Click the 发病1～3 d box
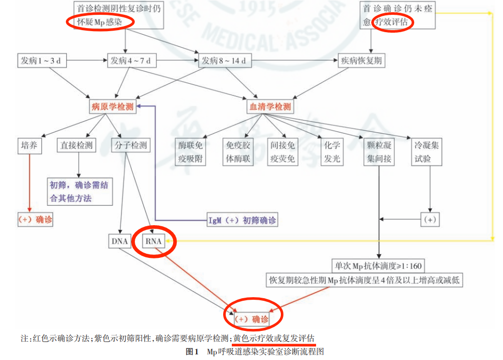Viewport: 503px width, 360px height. pos(41,61)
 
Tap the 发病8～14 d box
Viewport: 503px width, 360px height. pos(224,61)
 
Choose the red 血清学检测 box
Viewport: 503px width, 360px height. pos(270,107)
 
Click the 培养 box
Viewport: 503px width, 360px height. pos(29,146)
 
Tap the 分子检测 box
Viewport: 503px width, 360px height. pos(130,146)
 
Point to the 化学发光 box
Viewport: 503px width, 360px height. pos(331,152)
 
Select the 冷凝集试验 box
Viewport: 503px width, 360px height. pos(426,152)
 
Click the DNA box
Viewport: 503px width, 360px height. pos(119,240)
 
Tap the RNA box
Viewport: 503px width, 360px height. pos(154,240)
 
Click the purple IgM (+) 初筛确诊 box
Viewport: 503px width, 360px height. pos(242,221)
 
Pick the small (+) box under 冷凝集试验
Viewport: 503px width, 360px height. pos(430,220)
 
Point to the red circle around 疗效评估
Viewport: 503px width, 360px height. pos(394,22)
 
